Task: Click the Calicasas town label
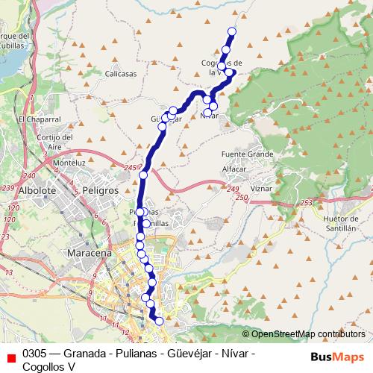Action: tap(122, 74)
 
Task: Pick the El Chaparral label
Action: tap(38, 119)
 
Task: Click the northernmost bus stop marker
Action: tap(232, 31)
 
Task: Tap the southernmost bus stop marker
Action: tap(159, 321)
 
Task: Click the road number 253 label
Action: tap(307, 201)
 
